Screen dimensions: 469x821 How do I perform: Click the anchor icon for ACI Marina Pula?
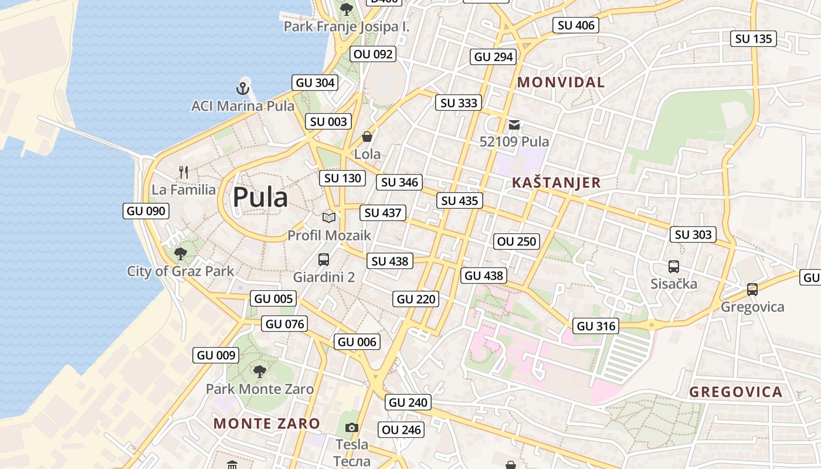click(243, 89)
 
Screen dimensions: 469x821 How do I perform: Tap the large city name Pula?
click(260, 198)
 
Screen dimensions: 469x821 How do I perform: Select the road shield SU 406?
click(576, 25)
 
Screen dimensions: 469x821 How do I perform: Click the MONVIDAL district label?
click(561, 83)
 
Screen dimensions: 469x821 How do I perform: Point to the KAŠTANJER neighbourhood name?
click(557, 183)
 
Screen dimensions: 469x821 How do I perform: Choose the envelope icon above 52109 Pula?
click(514, 124)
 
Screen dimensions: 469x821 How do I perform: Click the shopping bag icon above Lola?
click(367, 137)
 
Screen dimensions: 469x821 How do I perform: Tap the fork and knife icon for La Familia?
click(184, 172)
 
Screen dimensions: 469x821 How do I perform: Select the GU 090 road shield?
click(146, 211)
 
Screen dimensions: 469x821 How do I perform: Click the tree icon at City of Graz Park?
click(181, 254)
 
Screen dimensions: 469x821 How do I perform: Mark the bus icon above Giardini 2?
click(324, 259)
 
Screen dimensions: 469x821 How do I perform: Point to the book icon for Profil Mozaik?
click(329, 218)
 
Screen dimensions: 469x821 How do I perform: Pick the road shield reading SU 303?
click(693, 235)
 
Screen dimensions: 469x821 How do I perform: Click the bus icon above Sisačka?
click(674, 267)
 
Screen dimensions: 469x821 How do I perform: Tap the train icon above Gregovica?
click(752, 290)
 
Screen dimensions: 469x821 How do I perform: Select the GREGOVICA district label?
click(736, 392)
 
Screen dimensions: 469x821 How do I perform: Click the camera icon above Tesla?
click(352, 427)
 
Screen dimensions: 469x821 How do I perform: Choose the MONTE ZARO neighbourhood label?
click(267, 423)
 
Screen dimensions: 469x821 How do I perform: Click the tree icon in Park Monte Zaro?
click(259, 371)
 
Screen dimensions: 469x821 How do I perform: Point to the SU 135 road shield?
click(754, 39)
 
